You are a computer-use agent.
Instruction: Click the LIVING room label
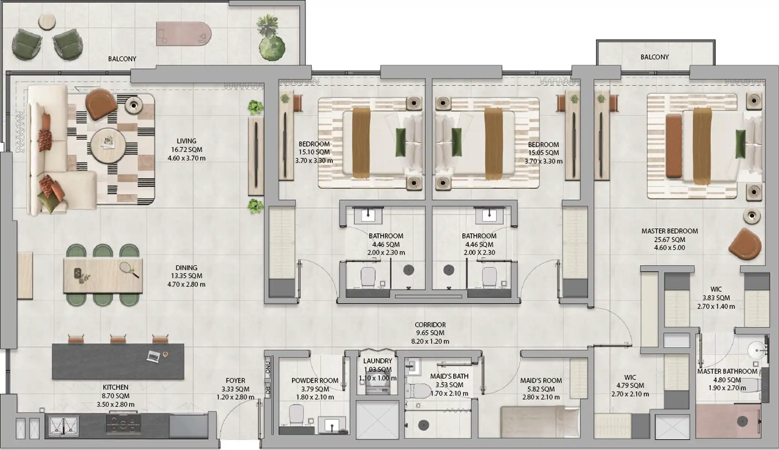[186, 141]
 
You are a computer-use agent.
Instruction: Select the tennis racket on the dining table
[129, 270]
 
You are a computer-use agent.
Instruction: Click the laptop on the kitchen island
[153, 356]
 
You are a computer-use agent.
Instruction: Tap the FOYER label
[236, 381]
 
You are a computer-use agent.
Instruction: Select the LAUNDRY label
[378, 361]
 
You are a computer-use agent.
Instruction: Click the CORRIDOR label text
[430, 325]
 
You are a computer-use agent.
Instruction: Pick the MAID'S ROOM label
[541, 381]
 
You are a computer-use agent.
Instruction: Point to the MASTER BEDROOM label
[669, 231]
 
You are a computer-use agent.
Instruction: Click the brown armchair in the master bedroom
[745, 244]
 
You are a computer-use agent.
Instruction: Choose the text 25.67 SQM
[669, 240]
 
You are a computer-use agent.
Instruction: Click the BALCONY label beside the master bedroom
[654, 57]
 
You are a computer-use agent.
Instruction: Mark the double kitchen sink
[63, 426]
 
